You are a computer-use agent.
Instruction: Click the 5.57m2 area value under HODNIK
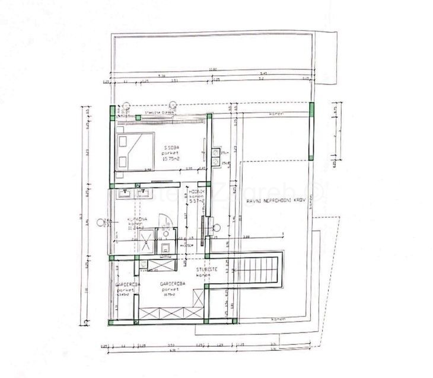click(x=196, y=201)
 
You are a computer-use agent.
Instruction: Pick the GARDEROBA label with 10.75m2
click(x=173, y=284)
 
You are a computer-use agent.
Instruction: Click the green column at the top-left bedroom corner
click(x=111, y=113)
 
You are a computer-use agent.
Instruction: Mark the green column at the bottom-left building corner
click(x=111, y=322)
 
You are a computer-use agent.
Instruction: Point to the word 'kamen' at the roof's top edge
click(x=275, y=114)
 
